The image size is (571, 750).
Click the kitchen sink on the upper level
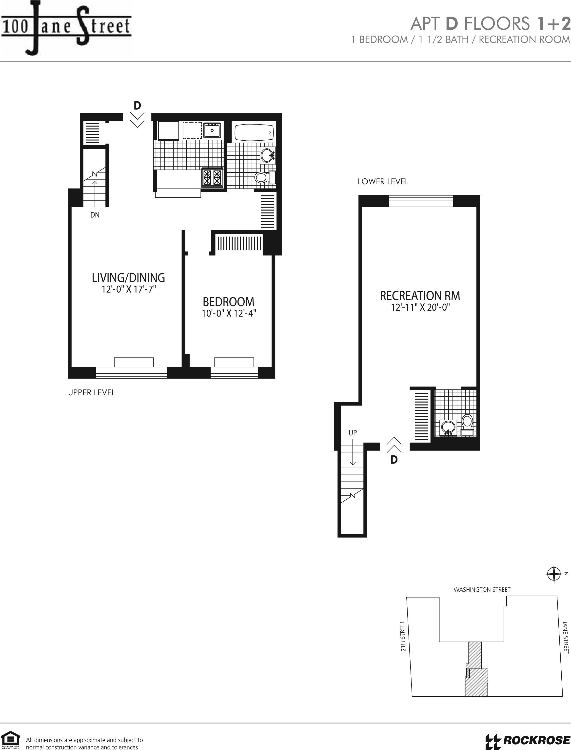coord(212,130)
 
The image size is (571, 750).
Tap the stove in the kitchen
coord(212,177)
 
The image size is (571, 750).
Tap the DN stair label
coord(95,215)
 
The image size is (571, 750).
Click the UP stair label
coord(353,433)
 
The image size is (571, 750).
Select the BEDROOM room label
coord(228,302)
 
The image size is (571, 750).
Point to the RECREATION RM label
coord(420,296)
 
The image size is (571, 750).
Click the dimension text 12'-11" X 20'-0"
coord(420,307)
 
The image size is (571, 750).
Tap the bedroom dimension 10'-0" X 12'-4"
coord(229,313)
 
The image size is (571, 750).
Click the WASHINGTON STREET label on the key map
coord(482,589)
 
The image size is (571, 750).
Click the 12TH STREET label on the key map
coord(403,637)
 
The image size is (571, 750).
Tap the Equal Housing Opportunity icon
coord(11,739)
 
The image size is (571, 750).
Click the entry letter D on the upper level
coord(137,106)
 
